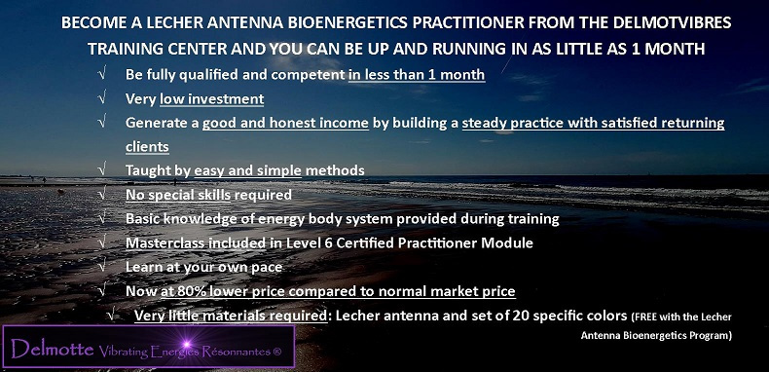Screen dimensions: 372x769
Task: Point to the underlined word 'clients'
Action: point(147,146)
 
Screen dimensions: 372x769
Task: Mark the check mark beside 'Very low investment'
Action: point(102,98)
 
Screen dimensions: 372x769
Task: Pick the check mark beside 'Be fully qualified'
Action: point(102,74)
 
